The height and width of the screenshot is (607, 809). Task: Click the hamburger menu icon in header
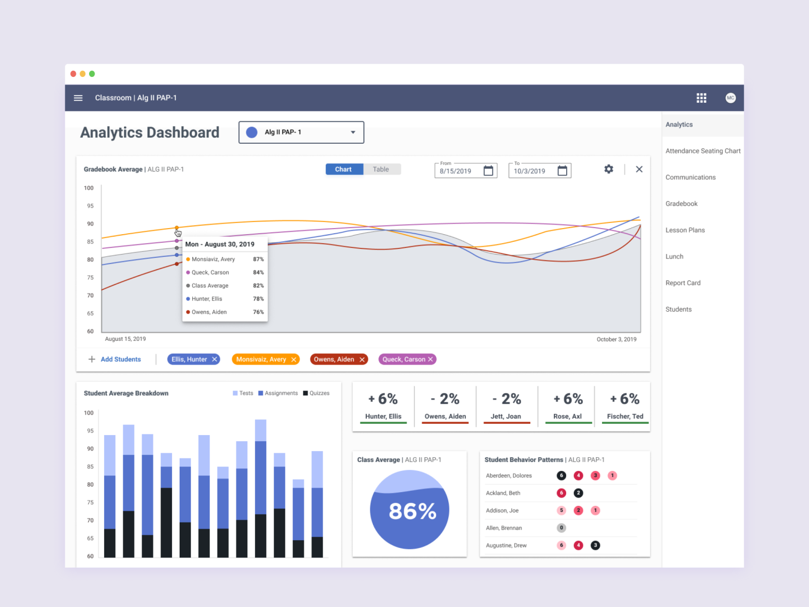(78, 98)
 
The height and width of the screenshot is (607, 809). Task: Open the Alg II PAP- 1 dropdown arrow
(353, 132)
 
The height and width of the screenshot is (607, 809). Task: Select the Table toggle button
(381, 169)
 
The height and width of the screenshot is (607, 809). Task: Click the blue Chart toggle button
(344, 169)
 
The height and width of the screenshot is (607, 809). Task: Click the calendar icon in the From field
(488, 170)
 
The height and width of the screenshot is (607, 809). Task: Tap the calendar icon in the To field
(562, 170)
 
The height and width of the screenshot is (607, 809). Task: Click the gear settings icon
(609, 169)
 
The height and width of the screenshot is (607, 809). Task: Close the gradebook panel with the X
(639, 169)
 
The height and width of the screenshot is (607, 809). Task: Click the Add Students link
(120, 359)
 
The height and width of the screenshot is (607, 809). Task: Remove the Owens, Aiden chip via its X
(362, 360)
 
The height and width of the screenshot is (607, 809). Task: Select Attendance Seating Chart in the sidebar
(702, 151)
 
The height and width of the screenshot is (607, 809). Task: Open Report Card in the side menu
(683, 283)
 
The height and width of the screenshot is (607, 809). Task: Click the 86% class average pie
(409, 510)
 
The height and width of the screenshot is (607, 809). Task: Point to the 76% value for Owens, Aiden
(258, 312)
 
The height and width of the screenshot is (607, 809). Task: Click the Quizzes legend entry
(316, 393)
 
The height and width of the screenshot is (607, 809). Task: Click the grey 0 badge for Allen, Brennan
(561, 528)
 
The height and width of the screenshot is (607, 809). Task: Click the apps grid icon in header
(701, 98)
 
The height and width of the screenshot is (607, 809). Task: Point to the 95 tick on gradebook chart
(90, 206)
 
